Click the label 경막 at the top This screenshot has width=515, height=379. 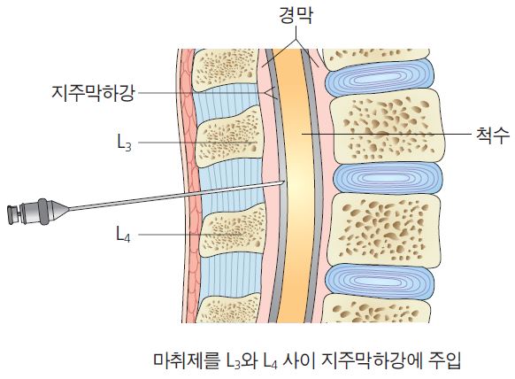296,16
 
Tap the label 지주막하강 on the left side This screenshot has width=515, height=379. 93,92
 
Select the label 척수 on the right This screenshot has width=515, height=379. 493,135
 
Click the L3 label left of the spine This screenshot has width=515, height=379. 124,143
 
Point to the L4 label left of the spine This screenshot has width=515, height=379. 124,234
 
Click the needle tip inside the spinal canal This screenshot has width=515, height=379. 283,182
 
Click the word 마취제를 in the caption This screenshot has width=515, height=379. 186,360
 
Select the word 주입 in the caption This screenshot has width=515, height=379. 445,360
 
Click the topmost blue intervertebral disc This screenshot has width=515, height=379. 380,78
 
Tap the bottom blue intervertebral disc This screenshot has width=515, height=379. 380,281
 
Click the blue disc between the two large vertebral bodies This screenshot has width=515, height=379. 388,177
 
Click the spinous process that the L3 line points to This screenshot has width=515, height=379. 229,137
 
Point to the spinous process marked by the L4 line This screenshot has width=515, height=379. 233,233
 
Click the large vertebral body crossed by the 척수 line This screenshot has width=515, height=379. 388,127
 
